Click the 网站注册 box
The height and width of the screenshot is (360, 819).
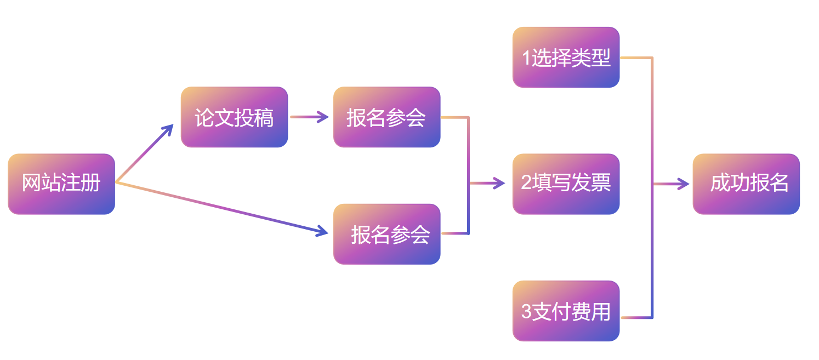pyautogui.click(x=61, y=184)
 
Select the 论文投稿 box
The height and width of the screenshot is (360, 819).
pyautogui.click(x=234, y=117)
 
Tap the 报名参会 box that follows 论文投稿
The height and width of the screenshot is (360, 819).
pyautogui.click(x=386, y=117)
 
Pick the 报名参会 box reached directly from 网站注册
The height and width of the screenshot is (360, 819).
pyautogui.click(x=386, y=234)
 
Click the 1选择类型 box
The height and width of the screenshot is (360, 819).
pyautogui.click(x=566, y=57)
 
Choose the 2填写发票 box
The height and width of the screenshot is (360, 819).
pyautogui.click(x=566, y=184)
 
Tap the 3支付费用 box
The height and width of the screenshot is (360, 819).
pyautogui.click(x=566, y=311)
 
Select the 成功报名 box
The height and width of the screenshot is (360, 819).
pyautogui.click(x=746, y=184)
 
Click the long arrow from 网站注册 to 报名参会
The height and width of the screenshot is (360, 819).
pyautogui.click(x=219, y=208)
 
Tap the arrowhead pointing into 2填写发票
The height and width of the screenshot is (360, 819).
pyautogui.click(x=499, y=184)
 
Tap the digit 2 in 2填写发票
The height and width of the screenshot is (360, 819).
pyautogui.click(x=526, y=184)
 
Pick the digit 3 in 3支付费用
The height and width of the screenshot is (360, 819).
pyautogui.click(x=526, y=311)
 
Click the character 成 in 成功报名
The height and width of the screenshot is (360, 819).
pyautogui.click(x=719, y=184)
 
